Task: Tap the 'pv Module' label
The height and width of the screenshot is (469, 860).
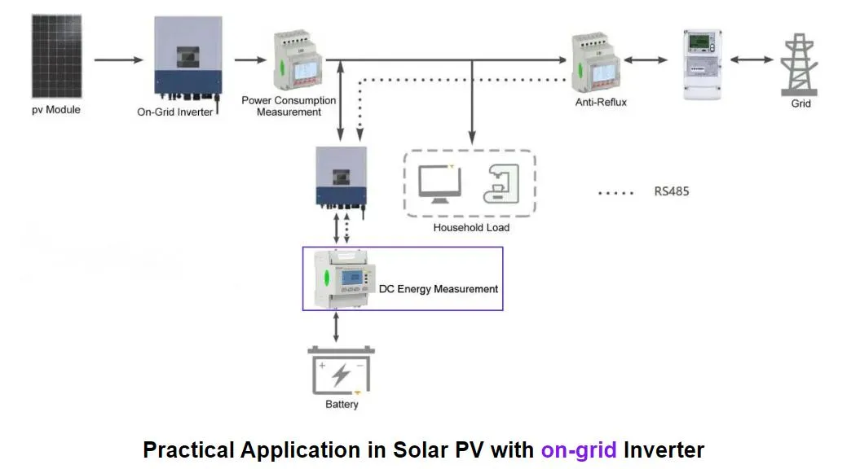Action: pos(56,110)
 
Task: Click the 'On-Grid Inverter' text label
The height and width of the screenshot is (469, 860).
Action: pos(174,112)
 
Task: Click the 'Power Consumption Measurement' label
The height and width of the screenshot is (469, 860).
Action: pos(289,106)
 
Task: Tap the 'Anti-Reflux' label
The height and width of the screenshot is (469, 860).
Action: pos(601,103)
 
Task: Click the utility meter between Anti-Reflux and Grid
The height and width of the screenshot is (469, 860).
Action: pos(703,64)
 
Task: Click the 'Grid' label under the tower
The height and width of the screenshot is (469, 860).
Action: pos(800,104)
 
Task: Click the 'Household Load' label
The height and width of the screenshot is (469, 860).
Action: pos(471,228)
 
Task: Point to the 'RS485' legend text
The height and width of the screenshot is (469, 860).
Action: pos(672,193)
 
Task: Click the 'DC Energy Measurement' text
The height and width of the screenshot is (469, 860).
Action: pos(438,289)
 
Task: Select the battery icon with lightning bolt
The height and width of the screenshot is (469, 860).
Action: pos(341,371)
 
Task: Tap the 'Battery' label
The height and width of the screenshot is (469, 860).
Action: pos(342,405)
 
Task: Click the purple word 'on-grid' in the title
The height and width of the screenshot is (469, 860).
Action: pos(580,449)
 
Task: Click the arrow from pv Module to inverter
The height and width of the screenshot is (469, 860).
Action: pos(119,60)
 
